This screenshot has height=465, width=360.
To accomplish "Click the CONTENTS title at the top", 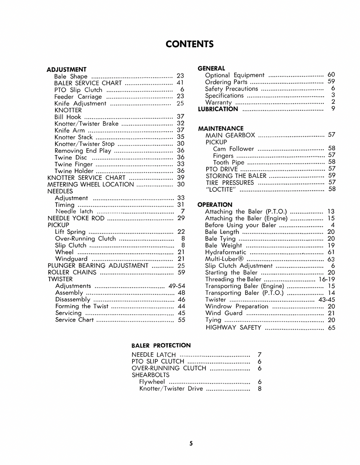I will point(189,44).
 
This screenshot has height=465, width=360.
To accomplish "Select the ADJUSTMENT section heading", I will point(66,70).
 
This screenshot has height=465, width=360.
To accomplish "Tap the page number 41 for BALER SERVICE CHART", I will point(180,83).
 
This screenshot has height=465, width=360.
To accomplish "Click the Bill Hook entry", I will point(68,117).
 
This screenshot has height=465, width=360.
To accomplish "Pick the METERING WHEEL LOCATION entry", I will point(91,184).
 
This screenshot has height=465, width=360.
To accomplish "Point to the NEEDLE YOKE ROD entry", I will point(76,218).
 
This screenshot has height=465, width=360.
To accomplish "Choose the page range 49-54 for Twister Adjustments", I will point(176,286).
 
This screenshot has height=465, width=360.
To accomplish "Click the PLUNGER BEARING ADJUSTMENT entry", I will point(98,266).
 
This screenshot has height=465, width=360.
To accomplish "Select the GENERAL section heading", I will point(211,68).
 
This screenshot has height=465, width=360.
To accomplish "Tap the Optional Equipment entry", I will point(235,75).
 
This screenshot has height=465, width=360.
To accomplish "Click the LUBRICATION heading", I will point(218,109).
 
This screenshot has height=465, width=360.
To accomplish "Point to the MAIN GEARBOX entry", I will point(230,135).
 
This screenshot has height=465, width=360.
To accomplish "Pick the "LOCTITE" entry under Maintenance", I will point(221,190).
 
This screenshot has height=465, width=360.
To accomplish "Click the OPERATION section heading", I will point(215,205).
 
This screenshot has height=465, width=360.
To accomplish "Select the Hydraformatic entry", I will point(226,252).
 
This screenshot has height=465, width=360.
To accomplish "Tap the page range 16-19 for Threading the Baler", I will point(327,279).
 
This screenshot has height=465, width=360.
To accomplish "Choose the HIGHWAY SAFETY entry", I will point(233,328).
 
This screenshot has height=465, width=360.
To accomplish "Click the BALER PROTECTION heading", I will point(161,346).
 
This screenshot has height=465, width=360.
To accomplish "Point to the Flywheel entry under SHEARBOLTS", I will point(152,382).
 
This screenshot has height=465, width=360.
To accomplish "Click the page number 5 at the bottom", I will point(191,444).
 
